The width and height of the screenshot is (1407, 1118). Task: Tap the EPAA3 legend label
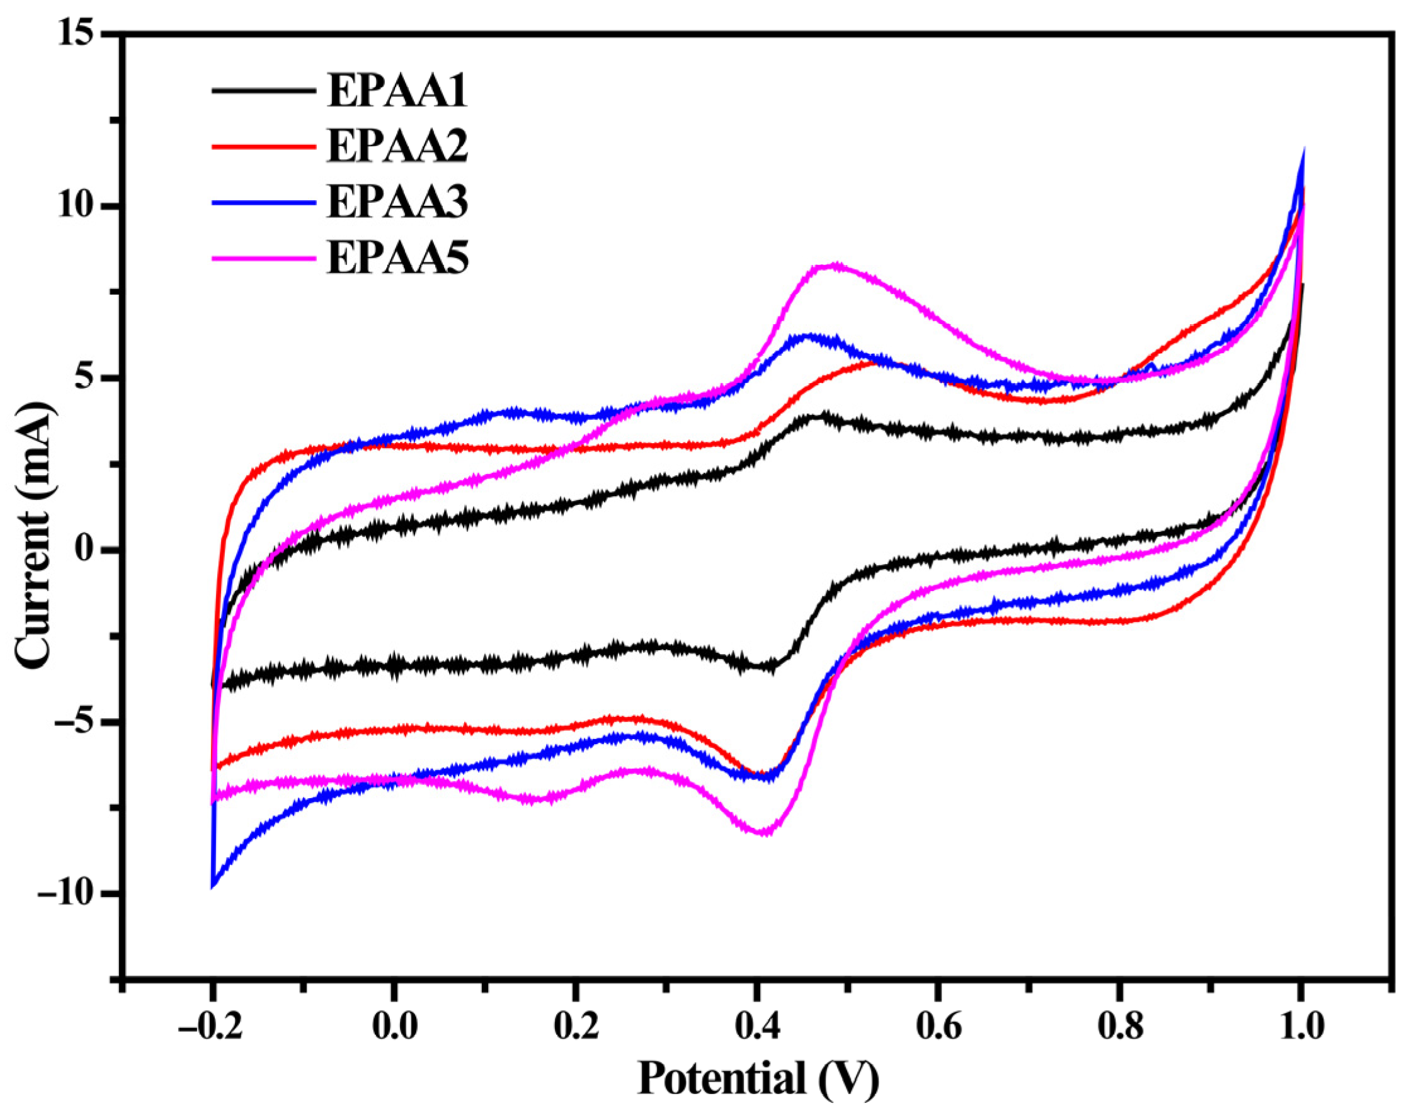[x=397, y=202]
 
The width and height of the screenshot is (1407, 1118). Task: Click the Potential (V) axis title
[x=757, y=1078]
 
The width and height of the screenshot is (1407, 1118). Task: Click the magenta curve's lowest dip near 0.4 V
[x=762, y=833]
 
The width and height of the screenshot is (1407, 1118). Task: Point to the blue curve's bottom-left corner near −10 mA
[x=214, y=886]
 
